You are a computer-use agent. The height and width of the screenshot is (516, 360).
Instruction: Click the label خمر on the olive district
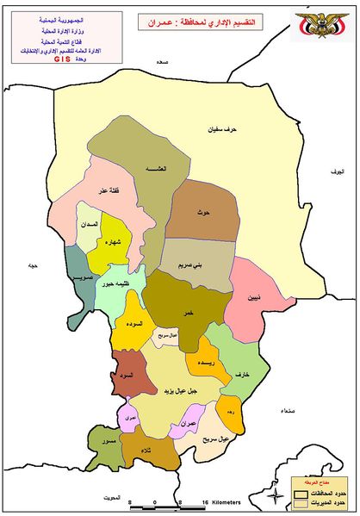(x=186, y=314)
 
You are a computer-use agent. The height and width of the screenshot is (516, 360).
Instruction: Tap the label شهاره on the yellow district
(x=114, y=242)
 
